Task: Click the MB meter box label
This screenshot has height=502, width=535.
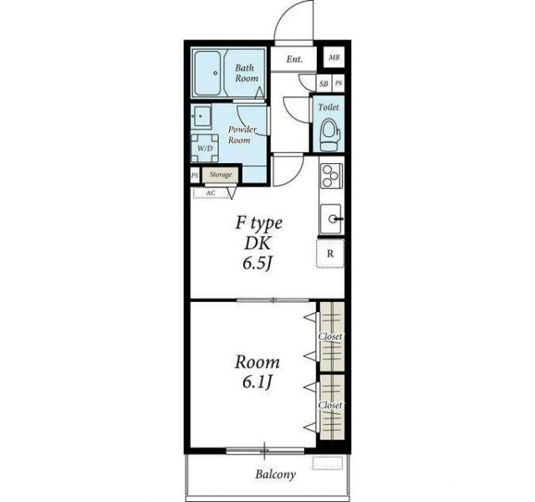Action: (334, 58)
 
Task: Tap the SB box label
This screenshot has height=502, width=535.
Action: (324, 84)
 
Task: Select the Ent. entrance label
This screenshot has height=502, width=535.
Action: (294, 59)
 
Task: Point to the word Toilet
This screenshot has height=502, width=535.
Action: (329, 107)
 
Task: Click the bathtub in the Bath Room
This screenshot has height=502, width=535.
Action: (208, 74)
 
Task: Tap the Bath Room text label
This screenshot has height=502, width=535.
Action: (247, 73)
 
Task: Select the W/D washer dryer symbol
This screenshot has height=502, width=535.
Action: (205, 148)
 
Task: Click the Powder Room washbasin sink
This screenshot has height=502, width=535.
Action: (201, 116)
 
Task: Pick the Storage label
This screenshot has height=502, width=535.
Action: (221, 175)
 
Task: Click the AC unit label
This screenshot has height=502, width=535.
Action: (211, 193)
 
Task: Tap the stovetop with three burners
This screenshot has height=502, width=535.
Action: (330, 176)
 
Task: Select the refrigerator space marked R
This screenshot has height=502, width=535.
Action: (330, 254)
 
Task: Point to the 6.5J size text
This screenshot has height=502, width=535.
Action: (257, 264)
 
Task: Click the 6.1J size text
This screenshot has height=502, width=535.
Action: (257, 382)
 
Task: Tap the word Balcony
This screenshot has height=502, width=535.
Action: (275, 474)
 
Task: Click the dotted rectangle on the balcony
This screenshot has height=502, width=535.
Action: (328, 463)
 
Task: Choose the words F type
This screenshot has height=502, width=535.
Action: (258, 223)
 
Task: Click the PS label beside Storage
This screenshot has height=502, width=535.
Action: (195, 176)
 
